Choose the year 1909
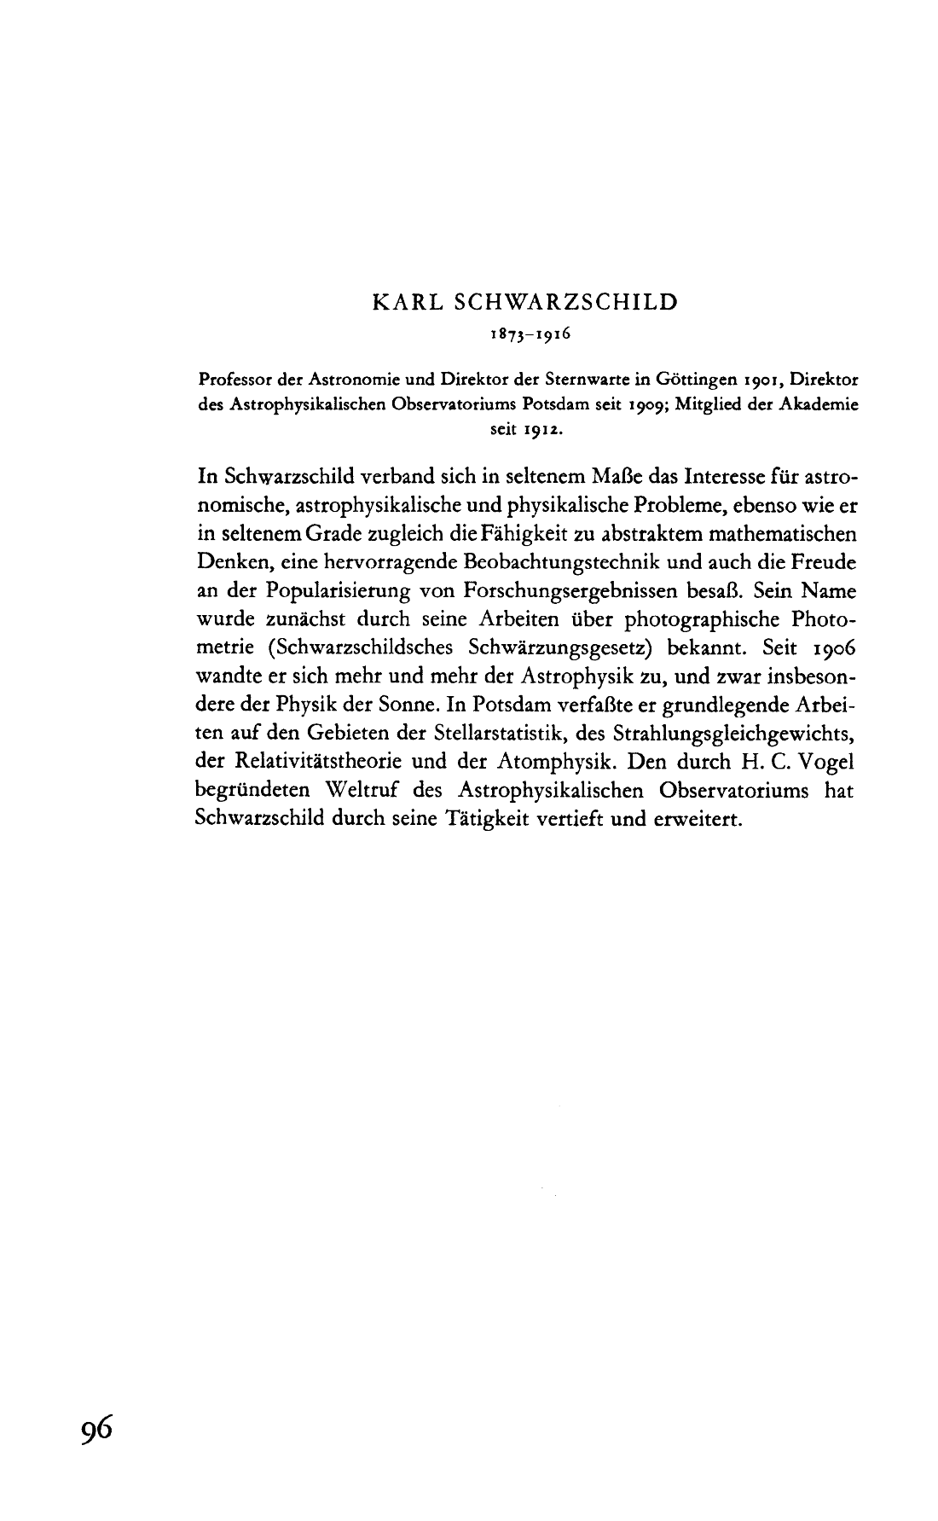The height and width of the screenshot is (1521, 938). pos(632,405)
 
